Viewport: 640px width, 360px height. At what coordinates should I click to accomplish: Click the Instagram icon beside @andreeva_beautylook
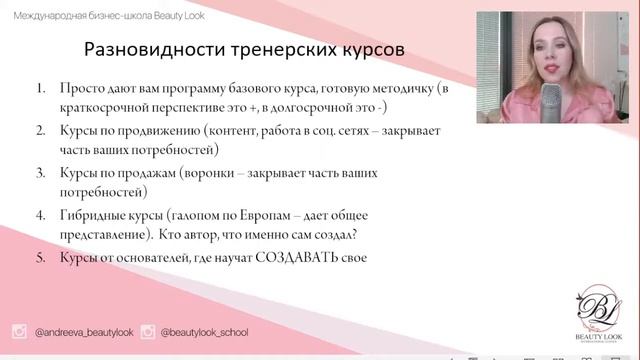19,332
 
